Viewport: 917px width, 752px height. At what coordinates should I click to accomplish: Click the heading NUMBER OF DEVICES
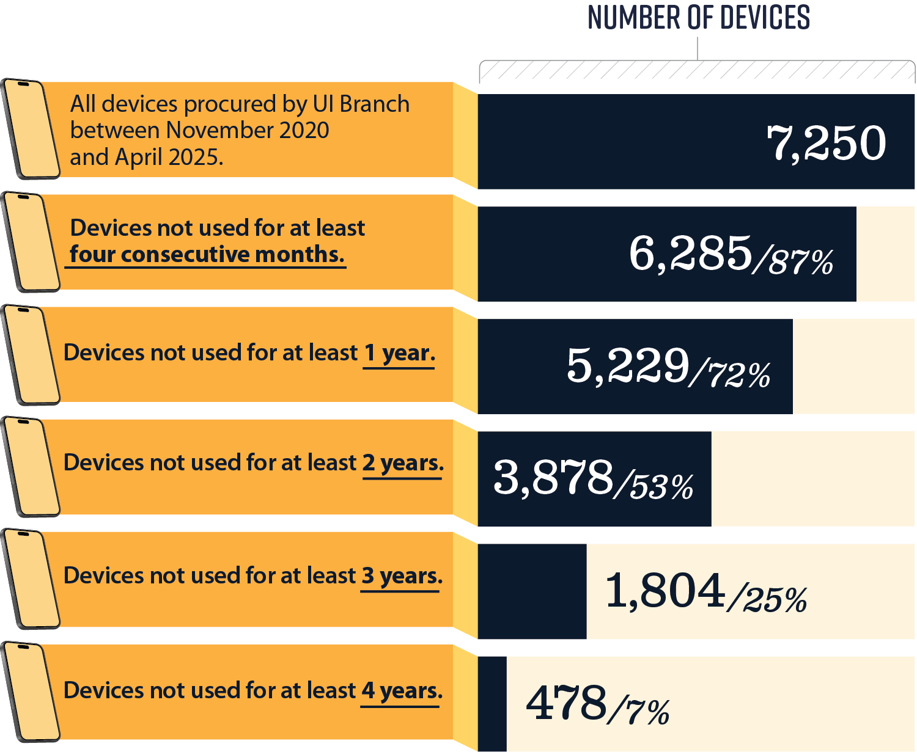(698, 18)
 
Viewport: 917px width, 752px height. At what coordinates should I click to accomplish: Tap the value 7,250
(826, 142)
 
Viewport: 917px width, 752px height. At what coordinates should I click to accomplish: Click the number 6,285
(690, 254)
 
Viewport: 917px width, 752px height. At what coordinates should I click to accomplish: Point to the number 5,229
(628, 366)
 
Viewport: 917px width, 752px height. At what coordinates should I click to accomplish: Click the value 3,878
(553, 478)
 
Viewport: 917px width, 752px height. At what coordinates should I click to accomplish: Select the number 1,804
(665, 591)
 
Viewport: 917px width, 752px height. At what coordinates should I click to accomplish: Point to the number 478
(566, 703)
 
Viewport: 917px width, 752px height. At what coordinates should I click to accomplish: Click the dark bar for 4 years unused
(492, 704)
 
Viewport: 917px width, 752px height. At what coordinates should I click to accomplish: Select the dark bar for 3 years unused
(532, 591)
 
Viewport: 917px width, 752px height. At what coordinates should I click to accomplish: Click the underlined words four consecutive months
(207, 255)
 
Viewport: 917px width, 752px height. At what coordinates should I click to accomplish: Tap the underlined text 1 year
(399, 353)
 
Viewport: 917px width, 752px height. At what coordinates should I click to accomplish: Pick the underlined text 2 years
(402, 463)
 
